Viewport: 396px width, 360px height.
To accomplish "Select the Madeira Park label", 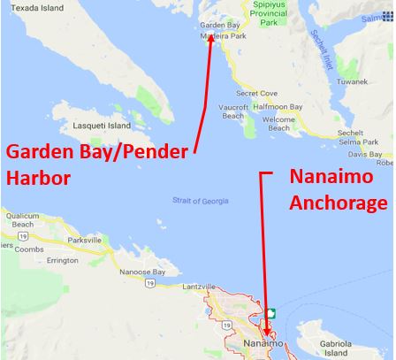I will (225, 36).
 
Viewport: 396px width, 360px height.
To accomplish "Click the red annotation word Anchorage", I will (339, 203).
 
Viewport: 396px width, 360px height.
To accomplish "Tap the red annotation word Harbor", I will (38, 177).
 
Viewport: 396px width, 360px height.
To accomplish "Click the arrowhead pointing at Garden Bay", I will (211, 40).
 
